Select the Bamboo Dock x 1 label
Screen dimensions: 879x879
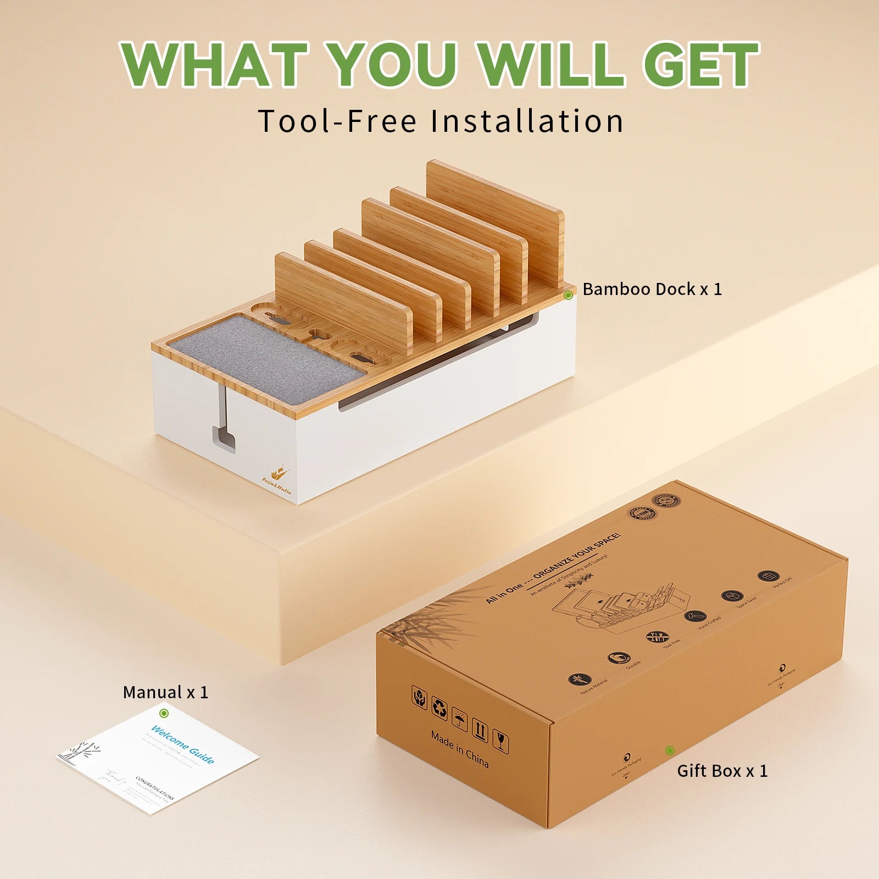coord(652,289)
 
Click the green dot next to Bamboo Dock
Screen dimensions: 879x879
coord(569,295)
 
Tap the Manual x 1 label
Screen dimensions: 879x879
coord(165,692)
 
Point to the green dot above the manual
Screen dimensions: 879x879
coord(164,713)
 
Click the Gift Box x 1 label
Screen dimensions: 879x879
coord(722,771)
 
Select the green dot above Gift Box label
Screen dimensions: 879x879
coord(669,750)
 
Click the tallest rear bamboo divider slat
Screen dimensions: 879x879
coord(494,220)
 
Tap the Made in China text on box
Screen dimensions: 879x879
coord(459,748)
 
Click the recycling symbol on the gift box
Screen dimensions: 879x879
coord(439,708)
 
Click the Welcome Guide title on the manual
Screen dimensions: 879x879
coord(182,745)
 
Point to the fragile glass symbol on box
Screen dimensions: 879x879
coord(500,742)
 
